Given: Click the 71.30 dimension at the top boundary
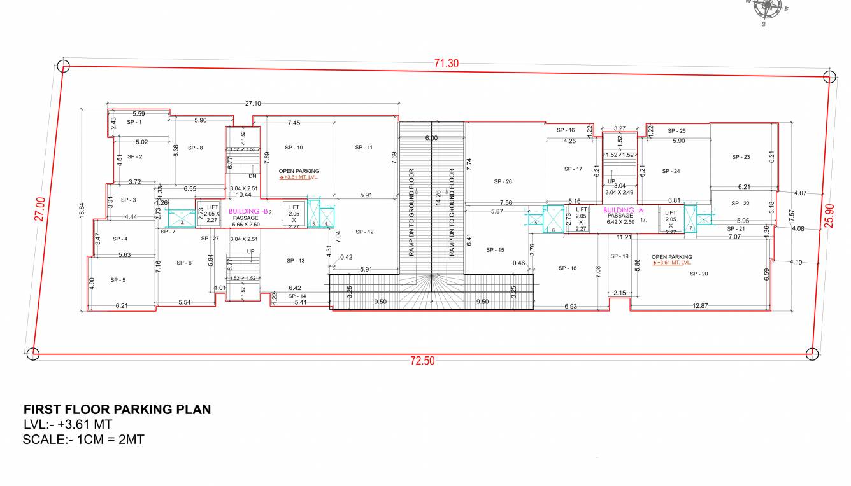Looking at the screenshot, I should click(447, 63).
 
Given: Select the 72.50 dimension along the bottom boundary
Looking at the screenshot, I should click(422, 361).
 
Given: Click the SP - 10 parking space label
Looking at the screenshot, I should click(294, 148).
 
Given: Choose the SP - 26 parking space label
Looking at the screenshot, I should click(503, 181).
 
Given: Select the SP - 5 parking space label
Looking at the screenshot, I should click(118, 280).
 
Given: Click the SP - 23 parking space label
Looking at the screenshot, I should click(741, 157).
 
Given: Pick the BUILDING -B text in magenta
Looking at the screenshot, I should click(245, 211).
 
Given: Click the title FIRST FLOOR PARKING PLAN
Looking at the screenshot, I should click(117, 410).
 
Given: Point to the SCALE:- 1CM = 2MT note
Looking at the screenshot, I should click(83, 439).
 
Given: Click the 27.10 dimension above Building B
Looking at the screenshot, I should click(253, 103).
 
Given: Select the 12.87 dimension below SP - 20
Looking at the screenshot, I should click(700, 306).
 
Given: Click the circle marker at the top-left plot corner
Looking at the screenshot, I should click(63, 66).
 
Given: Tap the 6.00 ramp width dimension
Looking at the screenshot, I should click(431, 138).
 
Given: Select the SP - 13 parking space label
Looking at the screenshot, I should click(296, 261).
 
